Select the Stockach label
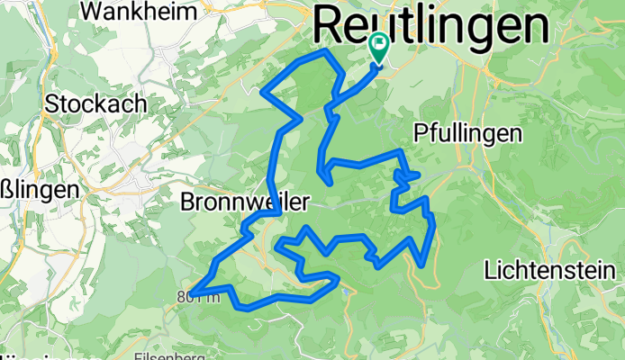95,103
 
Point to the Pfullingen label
468,134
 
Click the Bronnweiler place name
246,201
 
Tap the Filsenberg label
168,355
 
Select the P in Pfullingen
420,134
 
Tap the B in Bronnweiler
188,201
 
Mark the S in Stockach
52,103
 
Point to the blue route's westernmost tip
191,291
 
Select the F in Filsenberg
137,355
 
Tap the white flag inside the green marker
379,41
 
